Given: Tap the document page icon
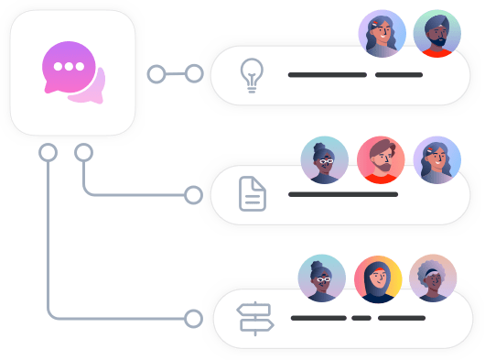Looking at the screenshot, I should click(x=253, y=194).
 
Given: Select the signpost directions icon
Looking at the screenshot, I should click(x=255, y=318).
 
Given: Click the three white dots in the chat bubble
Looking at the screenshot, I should click(x=68, y=67).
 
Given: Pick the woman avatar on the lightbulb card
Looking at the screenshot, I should click(x=382, y=34).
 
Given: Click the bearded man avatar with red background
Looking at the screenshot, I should click(x=379, y=159).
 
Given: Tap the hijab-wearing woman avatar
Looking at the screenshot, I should click(x=377, y=278).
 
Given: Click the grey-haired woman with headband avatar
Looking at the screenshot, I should click(x=431, y=278).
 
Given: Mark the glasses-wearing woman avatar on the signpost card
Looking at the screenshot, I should click(x=322, y=278).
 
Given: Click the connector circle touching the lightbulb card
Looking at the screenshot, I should click(x=194, y=73).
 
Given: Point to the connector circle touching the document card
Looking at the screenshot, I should click(x=194, y=194).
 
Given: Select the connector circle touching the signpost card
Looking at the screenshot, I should click(x=194, y=318).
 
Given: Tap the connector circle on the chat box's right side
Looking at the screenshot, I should click(x=156, y=73).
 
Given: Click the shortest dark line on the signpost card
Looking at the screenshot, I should click(x=361, y=318).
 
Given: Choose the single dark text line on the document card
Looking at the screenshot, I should click(x=343, y=194).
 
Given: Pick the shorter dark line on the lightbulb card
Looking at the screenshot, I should click(x=399, y=74).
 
